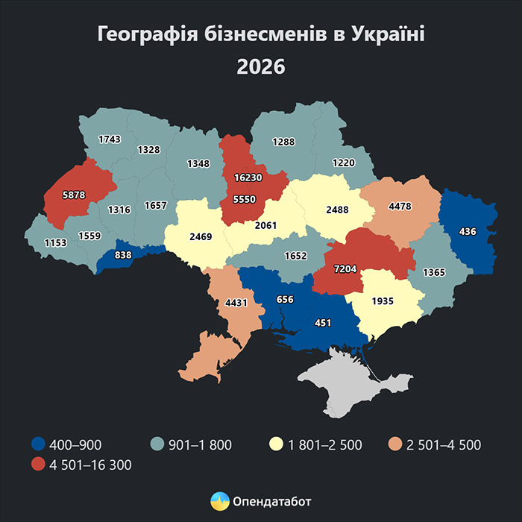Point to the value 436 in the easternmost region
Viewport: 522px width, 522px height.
point(468,232)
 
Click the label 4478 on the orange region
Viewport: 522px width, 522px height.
point(400,206)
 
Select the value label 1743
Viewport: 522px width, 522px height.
point(110,140)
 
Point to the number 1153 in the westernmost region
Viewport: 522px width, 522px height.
point(54,242)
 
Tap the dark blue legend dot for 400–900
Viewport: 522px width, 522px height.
point(38,445)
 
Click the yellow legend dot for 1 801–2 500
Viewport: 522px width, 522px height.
point(277,445)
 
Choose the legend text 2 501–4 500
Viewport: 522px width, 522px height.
point(444,445)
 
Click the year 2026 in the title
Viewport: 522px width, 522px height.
point(261,66)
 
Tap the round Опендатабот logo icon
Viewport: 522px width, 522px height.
point(219,501)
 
